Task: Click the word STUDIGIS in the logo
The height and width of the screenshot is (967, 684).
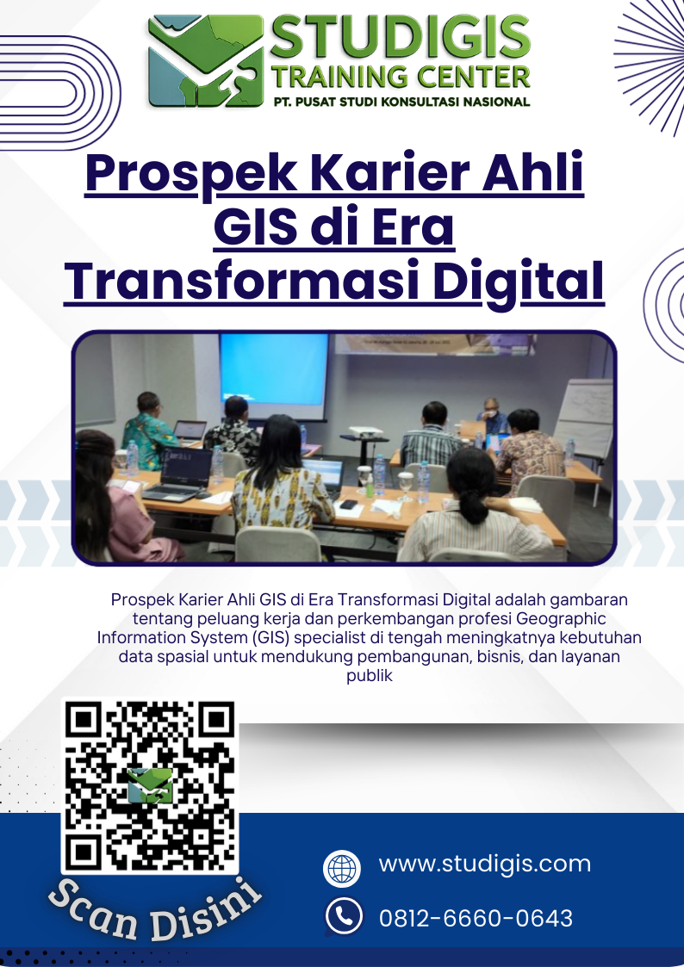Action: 401,38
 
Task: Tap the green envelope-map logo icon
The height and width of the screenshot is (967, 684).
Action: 206,62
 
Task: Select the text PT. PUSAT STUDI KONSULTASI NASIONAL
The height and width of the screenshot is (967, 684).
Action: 401,102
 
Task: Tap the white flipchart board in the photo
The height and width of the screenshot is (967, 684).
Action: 584,418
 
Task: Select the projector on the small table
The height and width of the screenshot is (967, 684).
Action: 366,432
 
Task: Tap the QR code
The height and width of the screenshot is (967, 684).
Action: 150,785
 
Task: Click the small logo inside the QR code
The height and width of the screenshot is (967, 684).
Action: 150,785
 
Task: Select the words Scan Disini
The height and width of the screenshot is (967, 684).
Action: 154,908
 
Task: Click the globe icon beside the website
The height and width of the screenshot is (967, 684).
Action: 342,868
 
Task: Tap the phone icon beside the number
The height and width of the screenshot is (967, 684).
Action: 344,916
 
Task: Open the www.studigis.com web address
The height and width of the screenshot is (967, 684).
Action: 485,864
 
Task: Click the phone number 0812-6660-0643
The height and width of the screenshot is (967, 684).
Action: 476,918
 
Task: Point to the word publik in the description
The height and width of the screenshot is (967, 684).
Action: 370,676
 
